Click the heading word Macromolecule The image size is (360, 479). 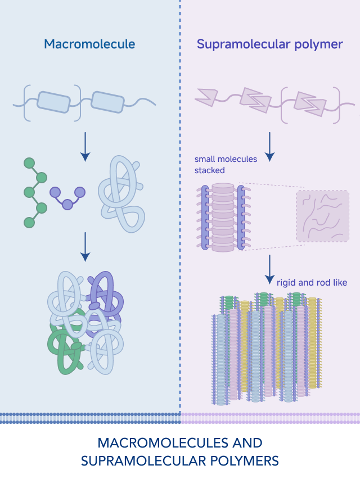[x=90, y=44]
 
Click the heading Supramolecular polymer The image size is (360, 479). [x=270, y=44]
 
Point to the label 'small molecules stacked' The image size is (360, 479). [x=226, y=164]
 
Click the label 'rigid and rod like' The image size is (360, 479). [x=312, y=282]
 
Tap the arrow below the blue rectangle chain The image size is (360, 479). [x=85, y=146]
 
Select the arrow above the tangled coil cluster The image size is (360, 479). [x=85, y=247]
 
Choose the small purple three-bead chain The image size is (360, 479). [x=67, y=196]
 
